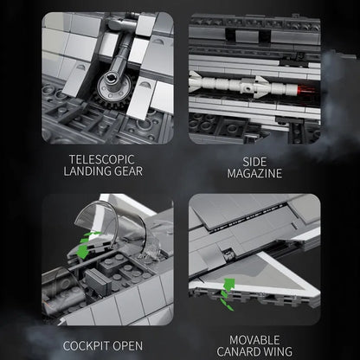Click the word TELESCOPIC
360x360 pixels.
[102, 159]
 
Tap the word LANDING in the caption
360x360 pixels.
[87, 171]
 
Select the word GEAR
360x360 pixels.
[129, 171]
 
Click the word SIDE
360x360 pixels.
[254, 162]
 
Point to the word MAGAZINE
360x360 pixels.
[254, 173]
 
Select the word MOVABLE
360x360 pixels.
[254, 340]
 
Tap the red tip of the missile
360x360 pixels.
[302, 88]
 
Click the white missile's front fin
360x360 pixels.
[195, 81]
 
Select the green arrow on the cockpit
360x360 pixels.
[85, 245]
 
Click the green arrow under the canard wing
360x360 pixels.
[228, 293]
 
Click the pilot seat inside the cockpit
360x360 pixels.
[98, 281]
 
